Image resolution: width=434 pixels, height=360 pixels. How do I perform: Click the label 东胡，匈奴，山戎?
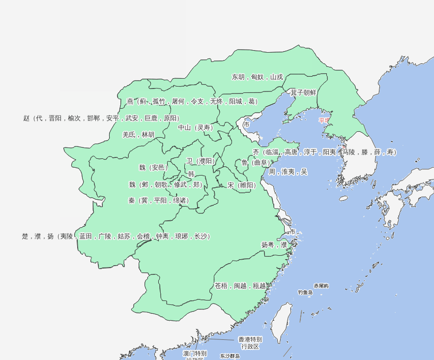coord(257,77)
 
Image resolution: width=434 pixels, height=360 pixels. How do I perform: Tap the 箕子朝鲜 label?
coord(303,92)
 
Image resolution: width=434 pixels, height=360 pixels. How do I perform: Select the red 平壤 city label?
coord(324,120)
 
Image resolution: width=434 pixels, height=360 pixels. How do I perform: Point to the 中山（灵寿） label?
coord(196,127)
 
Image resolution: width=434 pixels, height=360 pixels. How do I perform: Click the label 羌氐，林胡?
coord(138,135)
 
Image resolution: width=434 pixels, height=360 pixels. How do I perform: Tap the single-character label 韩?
coord(191,174)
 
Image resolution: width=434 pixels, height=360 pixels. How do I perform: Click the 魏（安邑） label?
coord(153,168)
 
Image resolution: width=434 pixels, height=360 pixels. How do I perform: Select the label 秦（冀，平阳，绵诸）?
coord(158,201)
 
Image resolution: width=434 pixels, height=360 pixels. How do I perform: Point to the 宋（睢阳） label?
coord(242,185)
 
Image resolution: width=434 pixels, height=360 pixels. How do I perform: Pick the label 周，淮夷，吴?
coord(288,172)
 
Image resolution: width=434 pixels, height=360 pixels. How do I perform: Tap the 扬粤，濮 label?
coord(274,244)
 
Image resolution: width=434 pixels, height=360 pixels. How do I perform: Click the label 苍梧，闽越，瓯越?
coord(240,286)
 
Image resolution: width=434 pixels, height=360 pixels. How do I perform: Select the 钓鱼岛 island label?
coord(305,293)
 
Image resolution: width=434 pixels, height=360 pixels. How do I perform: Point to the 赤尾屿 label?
coord(321,286)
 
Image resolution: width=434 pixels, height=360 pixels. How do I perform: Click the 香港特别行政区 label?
coord(250,343)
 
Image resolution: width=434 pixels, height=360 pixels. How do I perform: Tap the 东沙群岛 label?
coord(230,356)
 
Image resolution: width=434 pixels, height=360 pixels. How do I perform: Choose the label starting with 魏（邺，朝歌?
coord(166,185)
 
